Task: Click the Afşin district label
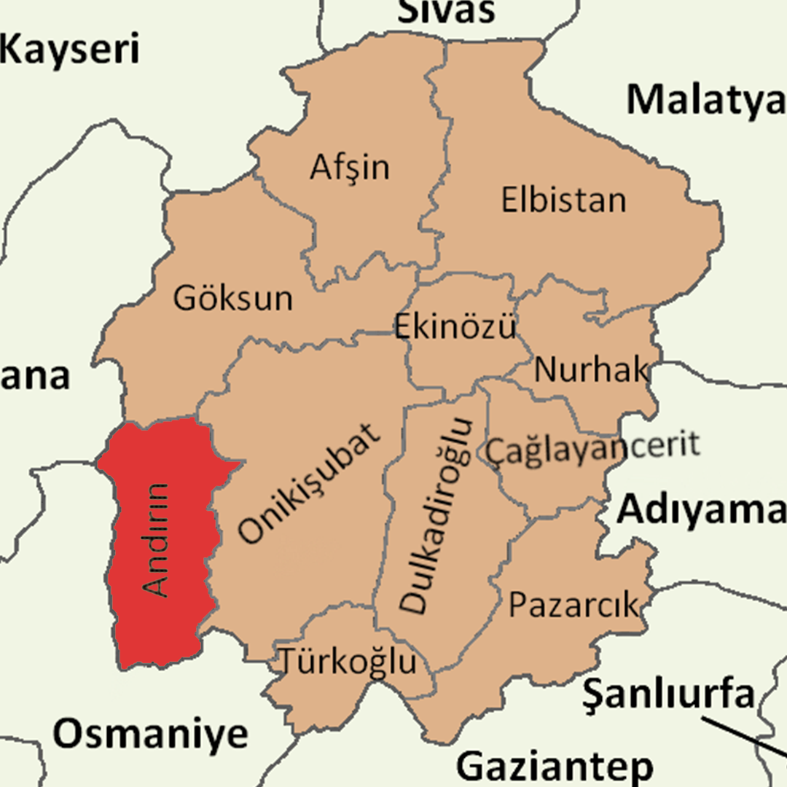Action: pyautogui.click(x=350, y=168)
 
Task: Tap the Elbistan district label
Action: pyautogui.click(x=563, y=200)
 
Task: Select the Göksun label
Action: pyautogui.click(x=232, y=298)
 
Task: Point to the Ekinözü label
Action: pyautogui.click(x=455, y=326)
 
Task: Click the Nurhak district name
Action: pyautogui.click(x=591, y=370)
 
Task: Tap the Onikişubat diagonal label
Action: pyautogui.click(x=310, y=484)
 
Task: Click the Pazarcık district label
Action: pyautogui.click(x=573, y=605)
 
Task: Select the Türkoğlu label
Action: pyautogui.click(x=348, y=662)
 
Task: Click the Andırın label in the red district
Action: pyautogui.click(x=156, y=540)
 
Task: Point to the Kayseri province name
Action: pyautogui.click(x=69, y=50)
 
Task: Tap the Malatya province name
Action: pyautogui.click(x=705, y=100)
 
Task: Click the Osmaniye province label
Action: pyautogui.click(x=151, y=734)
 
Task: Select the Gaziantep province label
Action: pyautogui.click(x=555, y=767)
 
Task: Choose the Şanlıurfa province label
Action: pyautogui.click(x=668, y=694)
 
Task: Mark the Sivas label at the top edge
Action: pyautogui.click(x=447, y=11)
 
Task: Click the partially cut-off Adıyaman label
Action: pyautogui.click(x=701, y=511)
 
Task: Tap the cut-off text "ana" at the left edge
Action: pyautogui.click(x=35, y=377)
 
